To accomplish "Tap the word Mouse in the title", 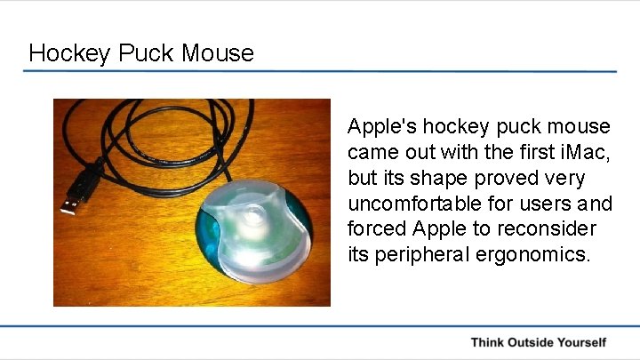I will [x=218, y=52].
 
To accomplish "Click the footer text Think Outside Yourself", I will [x=538, y=342].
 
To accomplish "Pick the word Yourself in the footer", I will [x=583, y=342].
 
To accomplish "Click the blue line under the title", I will [x=320, y=71].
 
